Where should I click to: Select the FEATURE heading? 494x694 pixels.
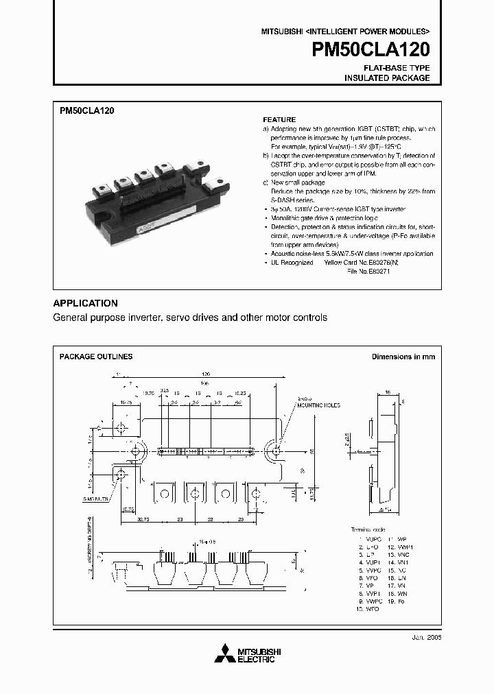pos(279,119)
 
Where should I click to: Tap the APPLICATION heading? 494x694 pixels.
pos(85,303)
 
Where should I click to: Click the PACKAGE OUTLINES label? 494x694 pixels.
pos(96,357)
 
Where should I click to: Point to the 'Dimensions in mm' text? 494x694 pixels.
pos(403,357)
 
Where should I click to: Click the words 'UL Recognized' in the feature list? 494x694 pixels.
pos(291,263)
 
